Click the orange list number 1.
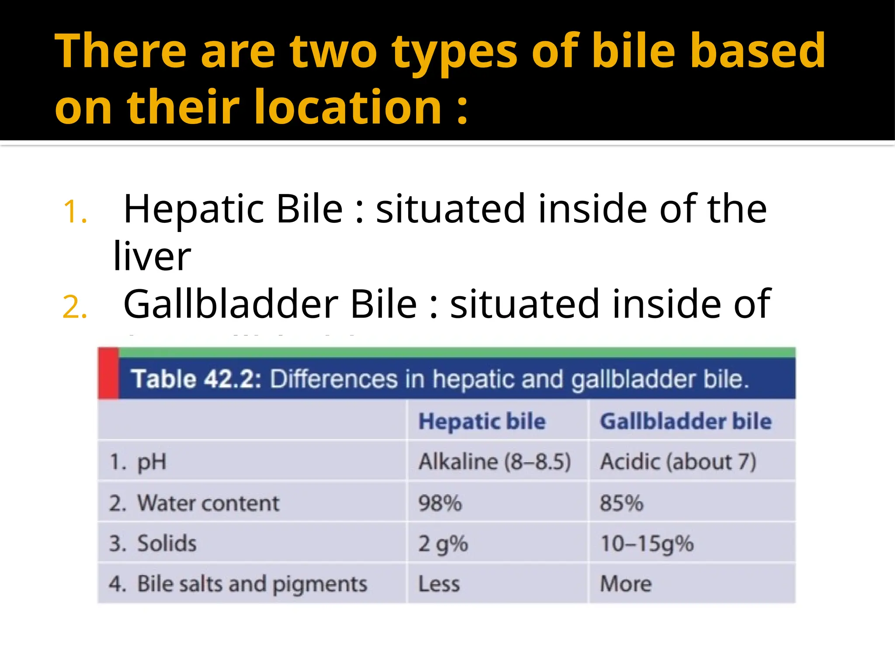click(75, 212)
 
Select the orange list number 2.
click(75, 308)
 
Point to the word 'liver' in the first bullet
click(152, 257)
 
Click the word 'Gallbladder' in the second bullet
click(231, 304)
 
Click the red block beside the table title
click(108, 374)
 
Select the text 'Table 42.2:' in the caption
click(196, 379)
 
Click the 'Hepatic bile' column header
click(482, 422)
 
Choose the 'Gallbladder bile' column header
click(686, 422)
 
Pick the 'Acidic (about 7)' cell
click(678, 462)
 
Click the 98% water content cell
click(440, 503)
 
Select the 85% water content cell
click(621, 503)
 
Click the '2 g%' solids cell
click(443, 544)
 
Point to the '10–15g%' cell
click(647, 544)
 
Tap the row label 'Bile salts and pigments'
click(252, 585)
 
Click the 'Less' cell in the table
click(439, 585)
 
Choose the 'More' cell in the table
click(626, 585)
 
